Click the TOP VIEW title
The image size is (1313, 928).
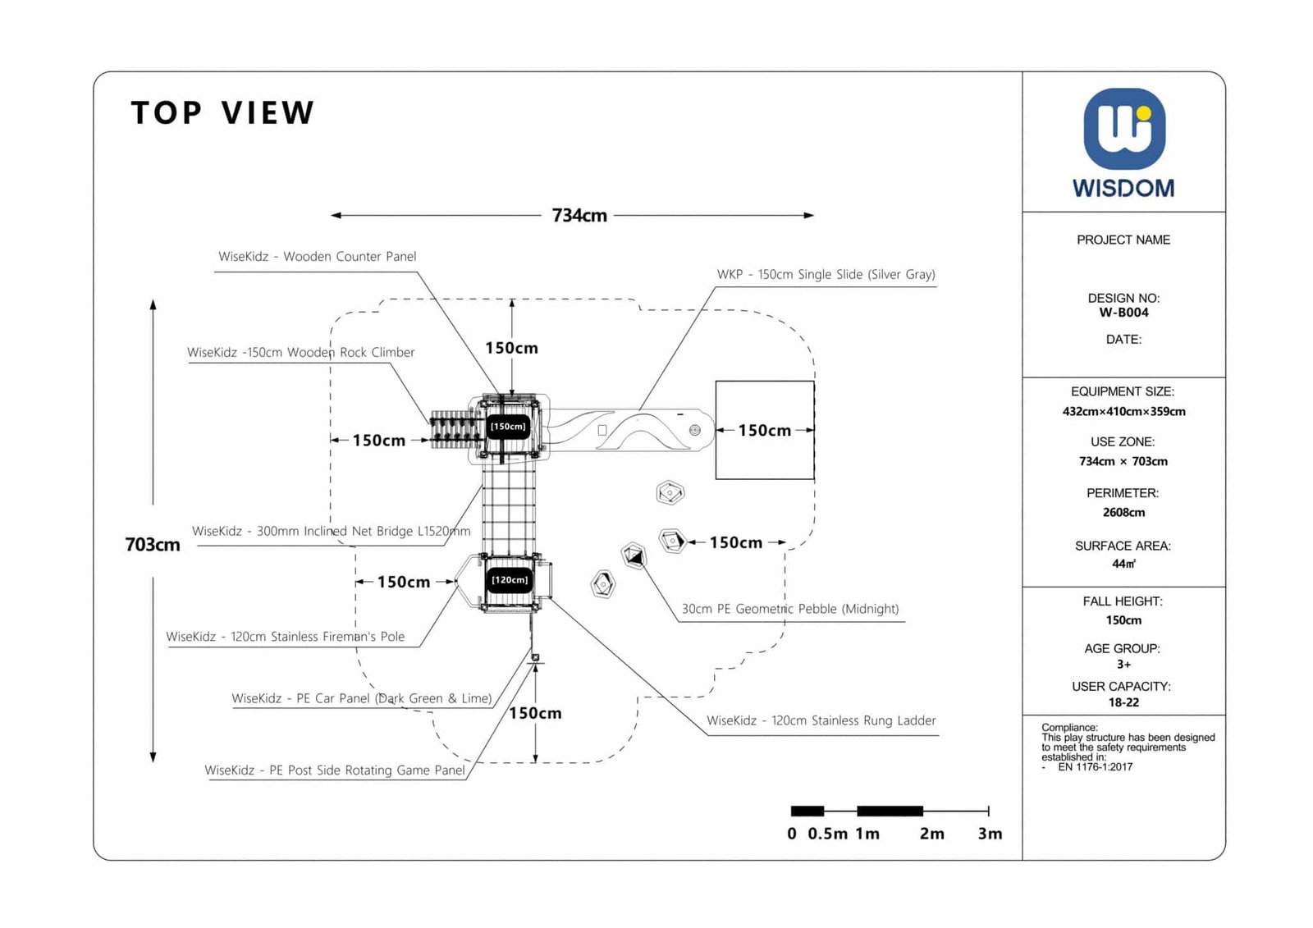tap(222, 113)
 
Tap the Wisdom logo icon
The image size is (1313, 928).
tap(1123, 129)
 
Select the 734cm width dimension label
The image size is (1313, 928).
tap(579, 216)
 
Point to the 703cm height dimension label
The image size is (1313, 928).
tap(153, 545)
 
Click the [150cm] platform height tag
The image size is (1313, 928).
tap(508, 427)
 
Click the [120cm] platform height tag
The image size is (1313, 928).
tap(510, 580)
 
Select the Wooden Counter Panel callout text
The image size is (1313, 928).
tap(317, 257)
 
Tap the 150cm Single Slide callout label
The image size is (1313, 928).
tap(826, 275)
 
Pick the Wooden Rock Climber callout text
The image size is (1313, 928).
tap(300, 353)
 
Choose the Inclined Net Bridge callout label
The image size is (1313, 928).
tap(331, 532)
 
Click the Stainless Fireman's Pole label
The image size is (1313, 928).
tap(285, 637)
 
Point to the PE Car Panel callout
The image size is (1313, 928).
tap(361, 699)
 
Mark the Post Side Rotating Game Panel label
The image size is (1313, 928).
tap(334, 770)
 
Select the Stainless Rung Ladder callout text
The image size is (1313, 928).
tap(821, 721)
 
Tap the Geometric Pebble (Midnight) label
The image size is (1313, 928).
tap(789, 610)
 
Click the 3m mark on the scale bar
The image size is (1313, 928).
tap(990, 834)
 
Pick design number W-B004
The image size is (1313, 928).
tap(1123, 313)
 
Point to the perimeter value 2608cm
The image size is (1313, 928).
tap(1123, 513)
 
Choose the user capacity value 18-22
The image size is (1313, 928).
tap(1123, 703)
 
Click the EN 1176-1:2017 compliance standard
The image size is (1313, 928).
tap(1095, 768)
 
